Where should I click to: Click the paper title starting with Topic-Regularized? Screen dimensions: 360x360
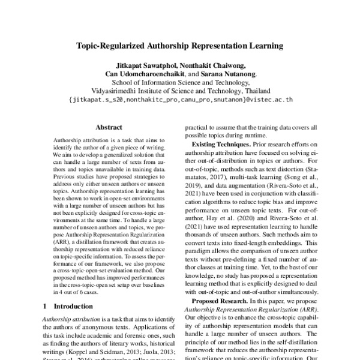[180, 45]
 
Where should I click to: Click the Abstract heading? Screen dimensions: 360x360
[109, 127]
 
